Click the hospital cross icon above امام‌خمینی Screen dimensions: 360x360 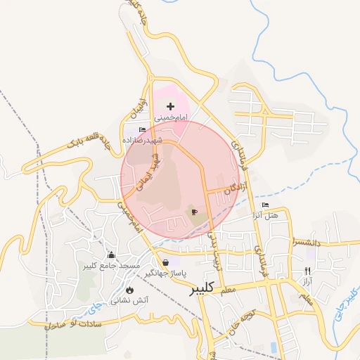[x=171, y=106]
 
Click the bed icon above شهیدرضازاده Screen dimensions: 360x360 [x=143, y=130]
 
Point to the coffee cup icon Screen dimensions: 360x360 [x=194, y=211]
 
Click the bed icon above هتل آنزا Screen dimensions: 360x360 [x=265, y=205]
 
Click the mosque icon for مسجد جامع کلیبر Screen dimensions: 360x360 [x=111, y=255]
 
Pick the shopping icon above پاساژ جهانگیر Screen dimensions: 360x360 [x=165, y=262]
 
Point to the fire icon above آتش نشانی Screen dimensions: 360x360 [x=129, y=290]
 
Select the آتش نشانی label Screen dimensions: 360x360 [x=121, y=300]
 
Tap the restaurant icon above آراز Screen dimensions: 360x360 [x=307, y=271]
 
